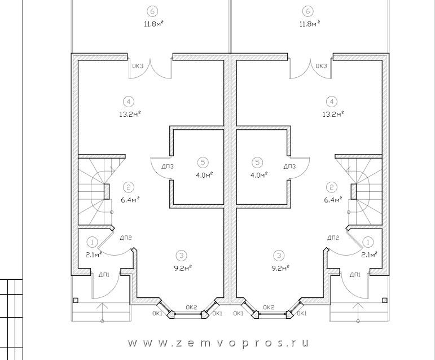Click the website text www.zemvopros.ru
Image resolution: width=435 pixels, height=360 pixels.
coord(218,344)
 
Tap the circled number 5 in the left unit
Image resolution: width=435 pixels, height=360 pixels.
coord(203,163)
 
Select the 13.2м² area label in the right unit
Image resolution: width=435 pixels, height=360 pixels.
coord(333,114)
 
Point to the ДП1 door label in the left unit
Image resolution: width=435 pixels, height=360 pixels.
coord(104,275)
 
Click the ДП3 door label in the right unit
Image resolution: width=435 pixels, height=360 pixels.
coord(289,166)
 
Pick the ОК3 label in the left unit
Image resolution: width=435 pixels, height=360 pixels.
coord(138,66)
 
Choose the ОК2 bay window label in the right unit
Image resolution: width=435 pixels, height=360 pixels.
coord(269,307)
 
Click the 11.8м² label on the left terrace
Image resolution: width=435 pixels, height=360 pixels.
coord(153,23)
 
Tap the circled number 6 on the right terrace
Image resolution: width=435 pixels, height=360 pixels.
coord(307,11)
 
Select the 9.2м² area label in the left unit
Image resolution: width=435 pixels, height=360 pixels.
coord(183,268)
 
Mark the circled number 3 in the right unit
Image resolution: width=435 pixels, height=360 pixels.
coord(279,256)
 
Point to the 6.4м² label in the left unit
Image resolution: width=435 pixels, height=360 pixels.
coord(130,199)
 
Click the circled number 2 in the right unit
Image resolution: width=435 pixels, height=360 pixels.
coord(331,187)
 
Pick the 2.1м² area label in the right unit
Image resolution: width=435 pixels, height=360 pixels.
coord(369,254)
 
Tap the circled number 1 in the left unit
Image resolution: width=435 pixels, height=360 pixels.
coord(92,242)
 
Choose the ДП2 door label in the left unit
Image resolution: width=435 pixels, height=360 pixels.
coord(126,238)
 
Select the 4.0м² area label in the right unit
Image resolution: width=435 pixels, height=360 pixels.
coord(258,175)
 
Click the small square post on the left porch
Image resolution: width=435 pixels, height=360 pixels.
coord(76,300)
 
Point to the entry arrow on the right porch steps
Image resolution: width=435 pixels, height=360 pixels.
coord(358,312)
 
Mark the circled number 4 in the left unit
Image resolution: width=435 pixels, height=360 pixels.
coord(129,102)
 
